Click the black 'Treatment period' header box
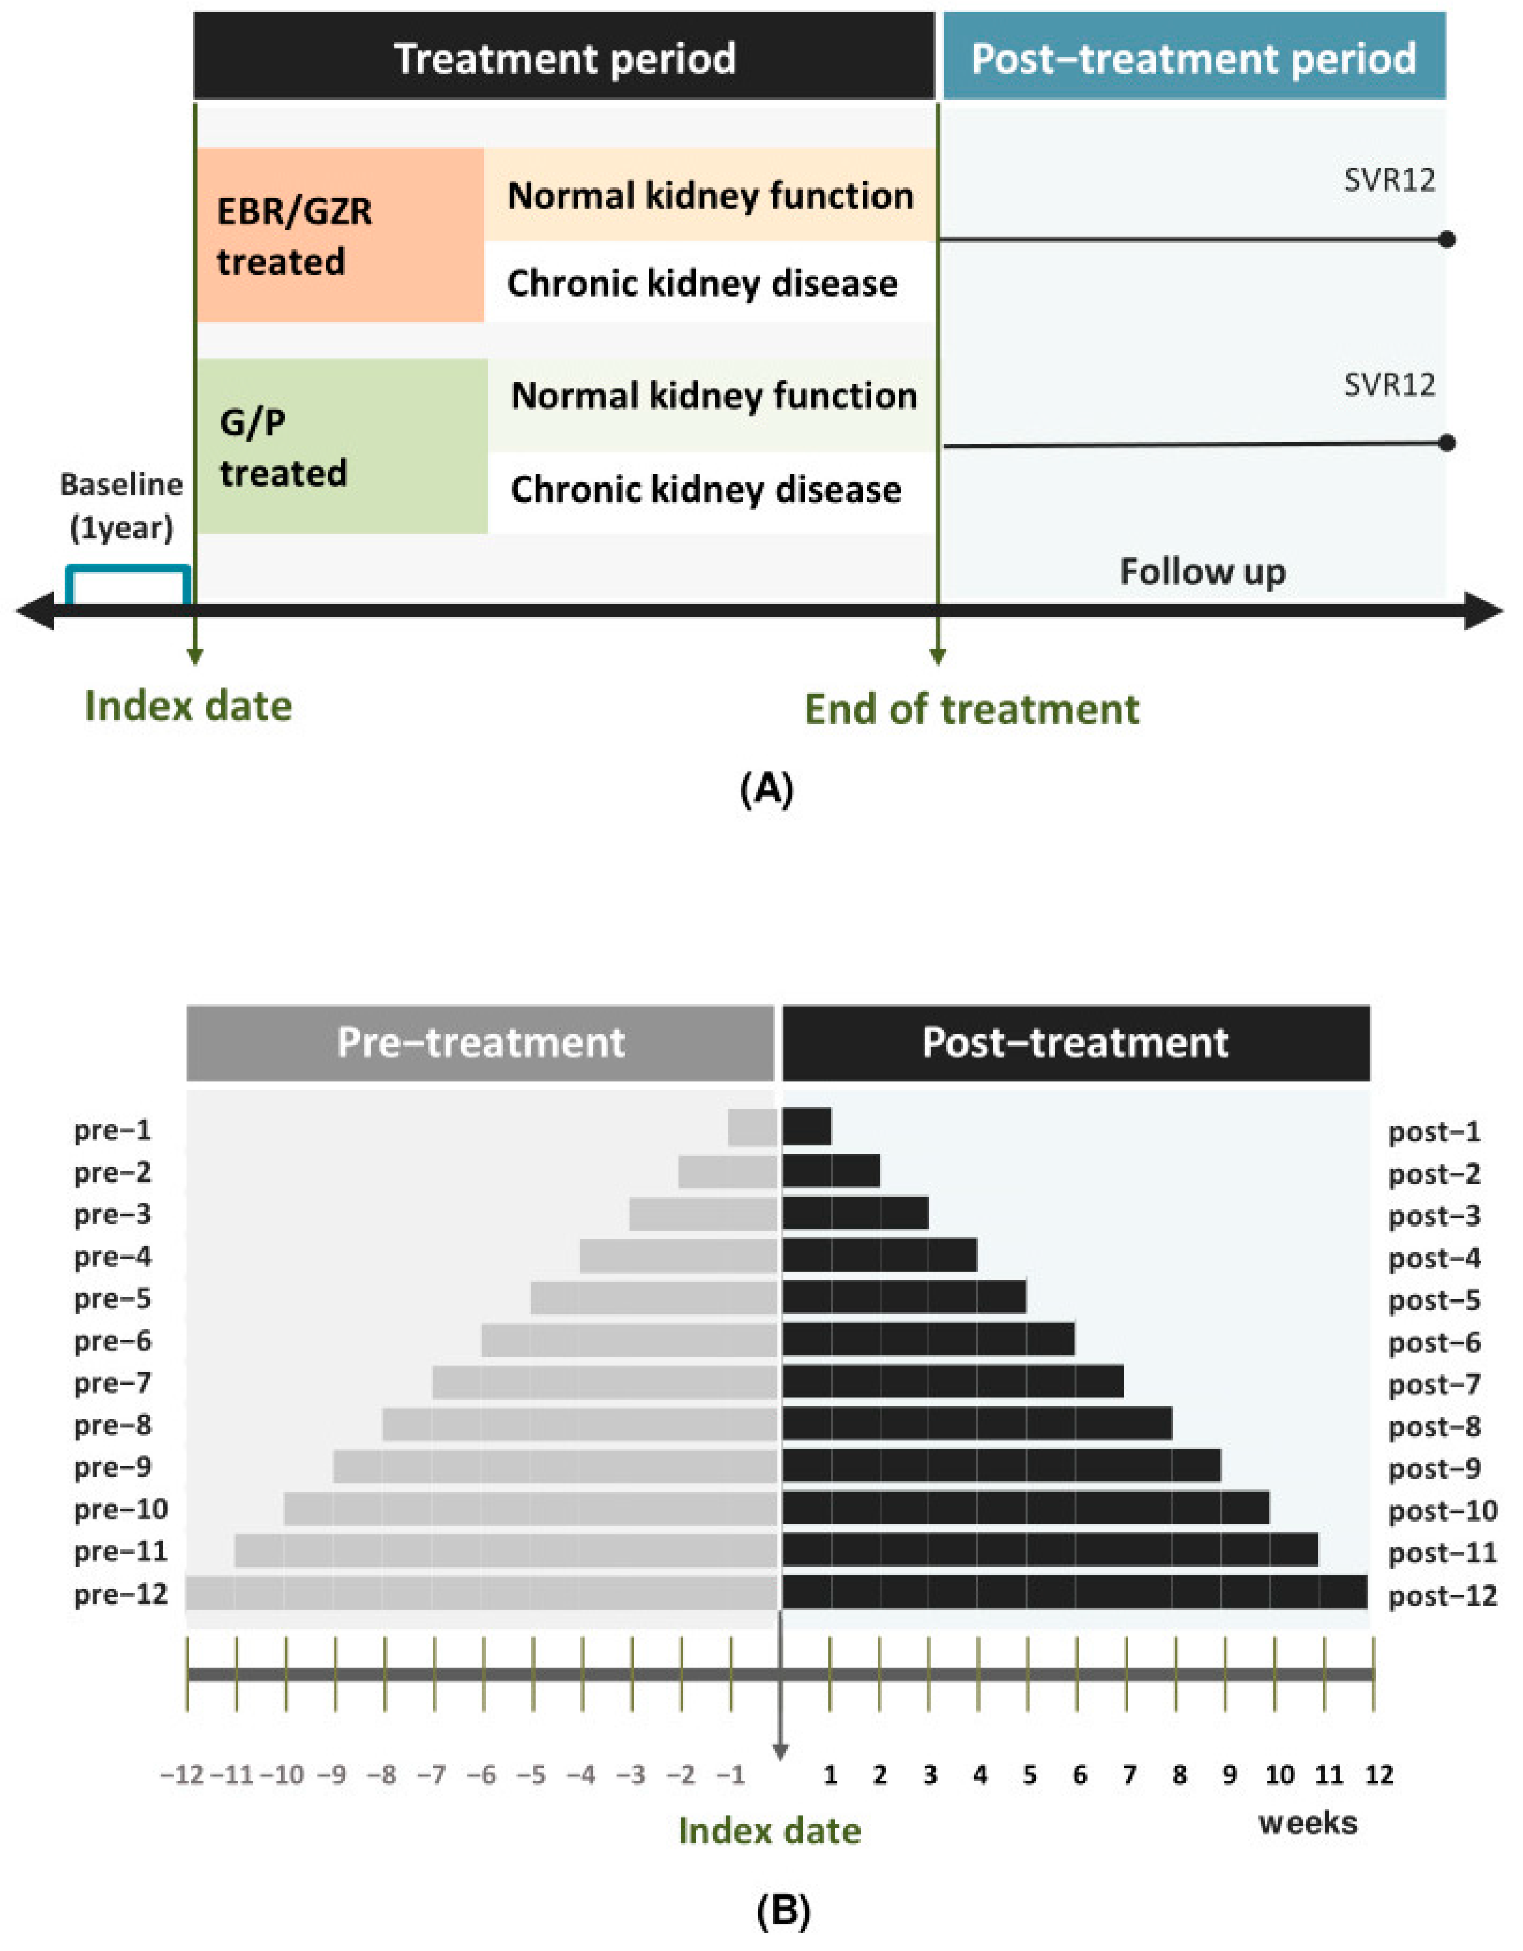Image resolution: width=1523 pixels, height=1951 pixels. pos(564,56)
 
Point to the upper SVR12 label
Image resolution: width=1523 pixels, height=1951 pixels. pos(1389,180)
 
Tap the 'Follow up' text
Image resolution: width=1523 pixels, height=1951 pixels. pos(1202,572)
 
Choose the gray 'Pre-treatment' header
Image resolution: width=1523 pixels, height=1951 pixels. pos(480,1042)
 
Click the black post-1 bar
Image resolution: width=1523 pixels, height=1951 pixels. pos(806,1126)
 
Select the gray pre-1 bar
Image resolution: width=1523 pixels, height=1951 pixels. pos(752,1126)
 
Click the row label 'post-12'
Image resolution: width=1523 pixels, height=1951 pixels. pos(1442,1595)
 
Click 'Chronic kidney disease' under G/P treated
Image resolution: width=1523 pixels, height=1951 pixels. pos(706,489)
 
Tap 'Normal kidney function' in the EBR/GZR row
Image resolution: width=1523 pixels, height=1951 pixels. pos(710,195)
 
